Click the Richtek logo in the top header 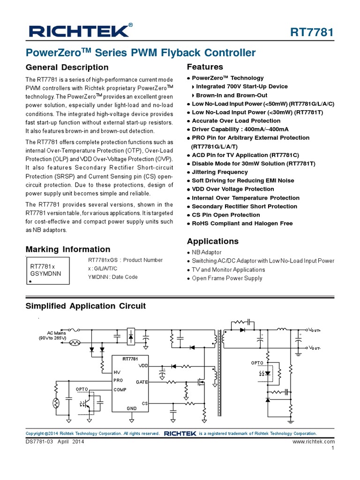pos(79,31)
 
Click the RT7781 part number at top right pos(312,32)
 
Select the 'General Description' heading pos(67,67)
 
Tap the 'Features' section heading pos(205,67)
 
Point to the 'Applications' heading pos(212,241)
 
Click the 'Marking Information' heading pos(68,249)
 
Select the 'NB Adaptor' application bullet pos(207,252)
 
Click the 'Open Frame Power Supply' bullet pos(227,278)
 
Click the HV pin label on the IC pos(117,372)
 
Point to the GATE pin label pos(142,382)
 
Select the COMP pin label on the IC pos(120,390)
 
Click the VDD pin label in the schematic pos(143,365)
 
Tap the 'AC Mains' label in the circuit pos(56,333)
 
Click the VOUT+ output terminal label pos(315,330)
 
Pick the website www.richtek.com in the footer pos(314,442)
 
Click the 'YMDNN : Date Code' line pos(113,277)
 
